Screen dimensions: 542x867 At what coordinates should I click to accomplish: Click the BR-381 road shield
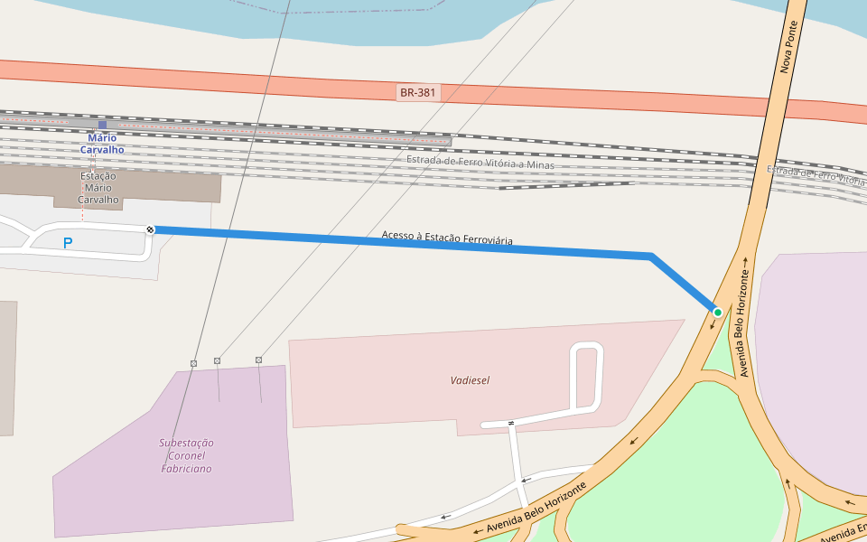pos(418,92)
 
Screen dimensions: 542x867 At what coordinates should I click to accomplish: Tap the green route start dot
pos(718,312)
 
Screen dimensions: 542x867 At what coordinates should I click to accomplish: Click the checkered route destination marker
pos(151,229)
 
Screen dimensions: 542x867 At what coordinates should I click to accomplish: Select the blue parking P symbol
pos(68,243)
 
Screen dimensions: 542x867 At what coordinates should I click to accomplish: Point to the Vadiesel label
pos(470,380)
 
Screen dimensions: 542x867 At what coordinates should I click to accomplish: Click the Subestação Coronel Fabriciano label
pos(186,456)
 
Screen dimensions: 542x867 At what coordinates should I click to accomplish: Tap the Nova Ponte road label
pos(790,49)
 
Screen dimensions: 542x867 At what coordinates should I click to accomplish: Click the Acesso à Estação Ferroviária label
pos(447,238)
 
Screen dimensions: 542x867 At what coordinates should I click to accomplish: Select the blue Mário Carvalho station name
pos(102,144)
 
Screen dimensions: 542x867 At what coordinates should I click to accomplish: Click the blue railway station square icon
pos(102,125)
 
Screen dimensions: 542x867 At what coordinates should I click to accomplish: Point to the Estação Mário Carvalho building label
pos(98,188)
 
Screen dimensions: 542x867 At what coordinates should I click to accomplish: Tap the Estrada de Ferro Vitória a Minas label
pos(480,163)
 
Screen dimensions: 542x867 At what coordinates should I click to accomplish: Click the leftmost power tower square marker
pos(193,363)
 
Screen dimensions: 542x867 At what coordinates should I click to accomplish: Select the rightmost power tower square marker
pos(258,360)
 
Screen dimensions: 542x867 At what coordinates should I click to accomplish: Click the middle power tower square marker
pos(217,360)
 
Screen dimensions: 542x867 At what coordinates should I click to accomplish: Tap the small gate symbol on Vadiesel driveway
pos(511,423)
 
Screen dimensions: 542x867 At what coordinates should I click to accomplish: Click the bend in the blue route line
pos(651,257)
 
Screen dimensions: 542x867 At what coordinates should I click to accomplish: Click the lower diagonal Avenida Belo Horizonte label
pos(536,506)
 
